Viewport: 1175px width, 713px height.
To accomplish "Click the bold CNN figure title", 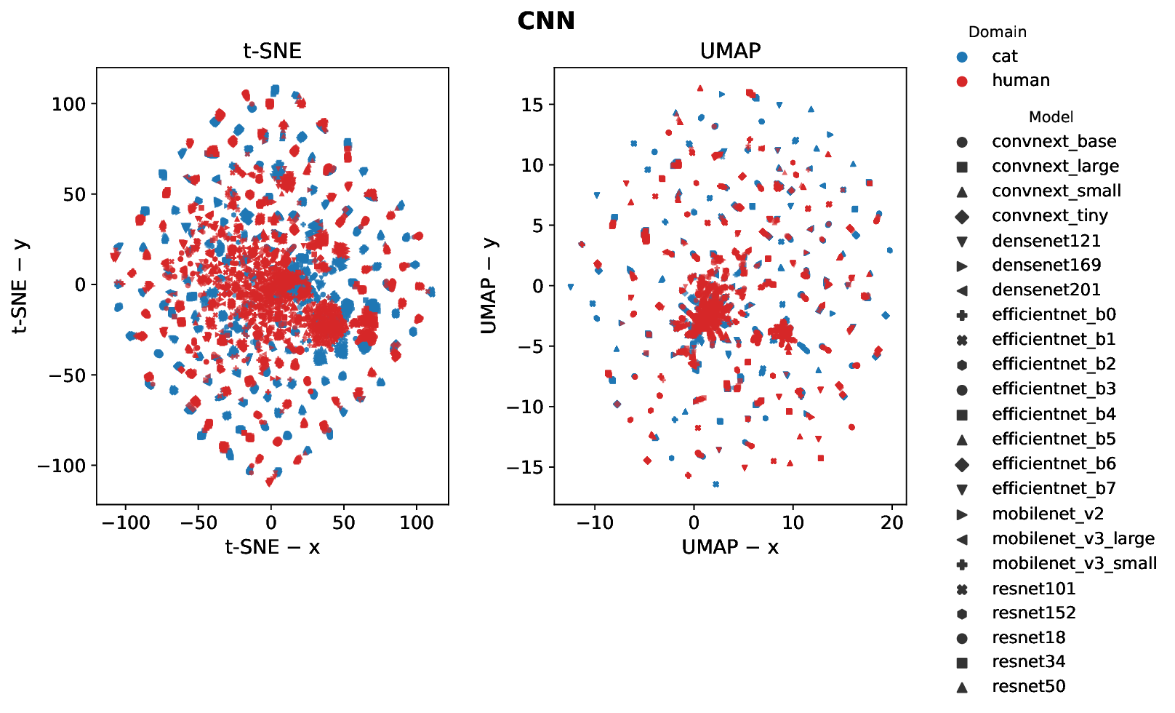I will tap(546, 20).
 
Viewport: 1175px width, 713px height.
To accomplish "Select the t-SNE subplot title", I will tap(272, 51).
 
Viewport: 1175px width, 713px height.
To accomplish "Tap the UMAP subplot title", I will tap(730, 51).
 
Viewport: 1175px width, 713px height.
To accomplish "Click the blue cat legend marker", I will tap(962, 57).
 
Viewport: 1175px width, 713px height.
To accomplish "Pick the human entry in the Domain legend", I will tap(1020, 81).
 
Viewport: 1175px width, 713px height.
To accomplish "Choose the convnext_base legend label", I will tap(1054, 142).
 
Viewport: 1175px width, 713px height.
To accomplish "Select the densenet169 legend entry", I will tap(1046, 266).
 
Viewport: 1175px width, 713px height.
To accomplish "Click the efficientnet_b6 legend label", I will tap(1054, 464).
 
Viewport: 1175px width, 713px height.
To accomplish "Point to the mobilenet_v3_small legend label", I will tap(1074, 564).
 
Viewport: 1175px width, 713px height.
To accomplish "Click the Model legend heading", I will tap(1051, 117).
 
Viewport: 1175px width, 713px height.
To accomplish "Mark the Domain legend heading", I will tap(998, 32).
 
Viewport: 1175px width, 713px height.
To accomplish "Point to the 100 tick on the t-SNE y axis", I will tap(68, 104).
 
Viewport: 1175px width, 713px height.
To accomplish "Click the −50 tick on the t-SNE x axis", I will tap(198, 523).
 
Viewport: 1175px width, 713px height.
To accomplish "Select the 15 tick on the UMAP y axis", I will tap(532, 105).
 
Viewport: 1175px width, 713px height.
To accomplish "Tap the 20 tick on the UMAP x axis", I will tap(891, 523).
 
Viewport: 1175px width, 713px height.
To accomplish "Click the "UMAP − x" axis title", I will tap(730, 547).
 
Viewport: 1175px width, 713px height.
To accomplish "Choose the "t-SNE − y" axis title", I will tap(20, 286).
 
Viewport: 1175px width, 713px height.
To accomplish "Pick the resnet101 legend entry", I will tap(1033, 589).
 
